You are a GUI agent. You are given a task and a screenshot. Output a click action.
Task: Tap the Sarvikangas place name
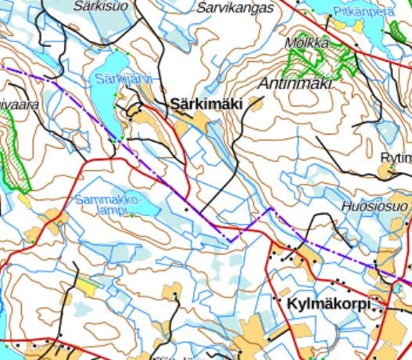[x=235, y=8]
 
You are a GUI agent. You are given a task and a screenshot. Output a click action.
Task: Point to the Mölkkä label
[x=308, y=42]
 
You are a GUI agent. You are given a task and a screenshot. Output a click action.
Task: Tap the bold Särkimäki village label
[x=207, y=103]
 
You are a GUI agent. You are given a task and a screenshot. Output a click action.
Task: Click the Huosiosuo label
[x=374, y=207]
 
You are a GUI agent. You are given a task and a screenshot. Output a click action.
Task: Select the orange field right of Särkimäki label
[x=256, y=102]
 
